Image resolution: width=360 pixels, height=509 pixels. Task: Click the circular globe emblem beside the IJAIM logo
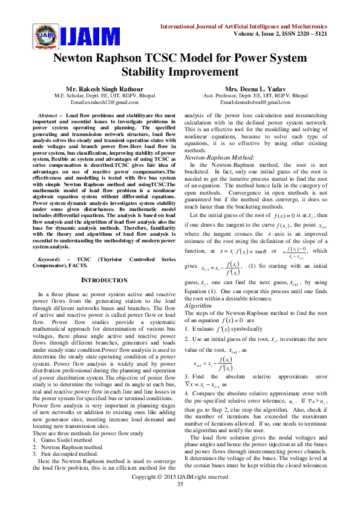click(x=43, y=35)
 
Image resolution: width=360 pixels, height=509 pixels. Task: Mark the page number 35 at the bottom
click(x=180, y=501)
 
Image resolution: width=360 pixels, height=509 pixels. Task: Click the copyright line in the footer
click(x=180, y=493)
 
